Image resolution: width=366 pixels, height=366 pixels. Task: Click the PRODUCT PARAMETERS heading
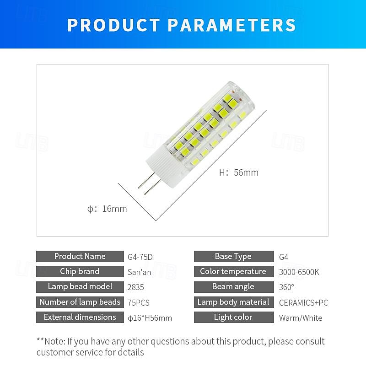tap(182, 25)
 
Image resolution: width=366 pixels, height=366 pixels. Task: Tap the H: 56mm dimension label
tap(239, 172)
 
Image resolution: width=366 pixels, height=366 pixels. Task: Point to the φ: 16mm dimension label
tap(107, 209)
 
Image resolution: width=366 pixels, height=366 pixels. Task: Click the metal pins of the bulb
tap(147, 182)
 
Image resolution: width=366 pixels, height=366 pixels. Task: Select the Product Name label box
tap(80, 256)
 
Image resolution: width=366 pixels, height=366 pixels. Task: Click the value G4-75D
tap(140, 257)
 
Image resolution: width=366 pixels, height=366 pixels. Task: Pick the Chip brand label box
tap(80, 271)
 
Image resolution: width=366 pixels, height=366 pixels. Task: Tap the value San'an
tap(139, 272)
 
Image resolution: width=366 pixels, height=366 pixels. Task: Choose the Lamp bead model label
tap(80, 287)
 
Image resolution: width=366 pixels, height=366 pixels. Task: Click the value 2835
tap(136, 287)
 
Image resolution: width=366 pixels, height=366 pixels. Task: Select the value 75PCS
tap(139, 302)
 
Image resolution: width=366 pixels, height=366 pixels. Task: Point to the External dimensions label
tap(80, 317)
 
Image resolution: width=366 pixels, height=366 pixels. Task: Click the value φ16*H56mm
tap(150, 318)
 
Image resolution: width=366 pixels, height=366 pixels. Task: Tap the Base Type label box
tap(233, 256)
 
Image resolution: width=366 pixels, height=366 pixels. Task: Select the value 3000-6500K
tap(299, 272)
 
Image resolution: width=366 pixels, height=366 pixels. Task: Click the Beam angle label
tap(233, 287)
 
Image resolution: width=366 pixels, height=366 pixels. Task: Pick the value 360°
tap(286, 287)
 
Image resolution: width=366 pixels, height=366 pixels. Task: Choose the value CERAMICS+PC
tap(303, 302)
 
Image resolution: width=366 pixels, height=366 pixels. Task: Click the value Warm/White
tap(301, 318)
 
